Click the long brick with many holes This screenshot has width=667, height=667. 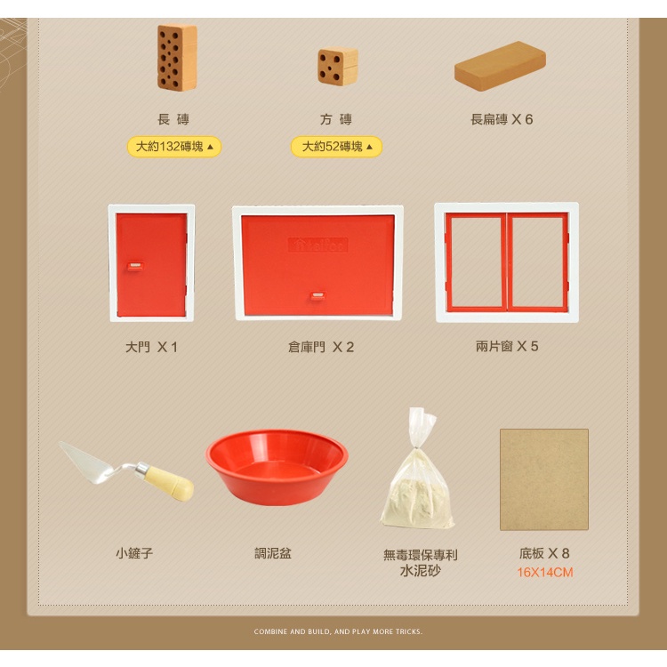coord(177,58)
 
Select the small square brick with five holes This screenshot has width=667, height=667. coord(338,66)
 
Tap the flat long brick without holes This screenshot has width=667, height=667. coord(500,66)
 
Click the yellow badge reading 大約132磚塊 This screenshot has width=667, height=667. coord(174,147)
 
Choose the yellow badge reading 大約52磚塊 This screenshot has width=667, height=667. coord(336,147)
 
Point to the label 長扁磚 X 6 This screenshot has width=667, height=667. coord(502,119)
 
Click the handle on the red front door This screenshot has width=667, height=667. coord(135,266)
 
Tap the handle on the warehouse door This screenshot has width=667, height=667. coord(317,296)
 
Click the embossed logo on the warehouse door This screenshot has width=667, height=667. coord(317,245)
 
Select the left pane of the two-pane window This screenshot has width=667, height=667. coord(476,262)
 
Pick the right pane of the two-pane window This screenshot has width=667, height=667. coord(538,262)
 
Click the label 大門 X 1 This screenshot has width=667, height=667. coord(151,347)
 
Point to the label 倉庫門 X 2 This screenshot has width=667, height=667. coord(321,347)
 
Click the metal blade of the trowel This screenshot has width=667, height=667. coord(89,462)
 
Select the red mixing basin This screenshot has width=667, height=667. coord(277,467)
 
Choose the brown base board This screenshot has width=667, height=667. coord(544,479)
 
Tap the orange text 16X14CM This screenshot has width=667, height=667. coord(545,573)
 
